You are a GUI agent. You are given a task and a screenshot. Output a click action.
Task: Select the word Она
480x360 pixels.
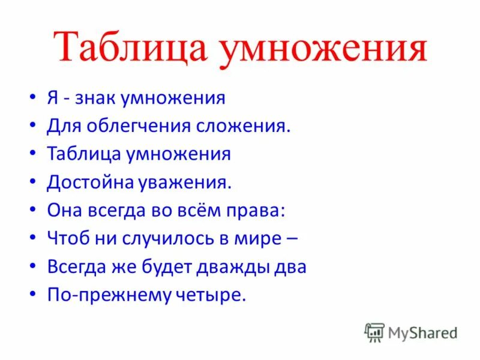[63, 210]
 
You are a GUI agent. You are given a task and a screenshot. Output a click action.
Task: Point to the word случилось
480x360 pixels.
[155, 238]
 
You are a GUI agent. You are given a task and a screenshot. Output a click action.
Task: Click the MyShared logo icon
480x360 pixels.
[374, 332]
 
